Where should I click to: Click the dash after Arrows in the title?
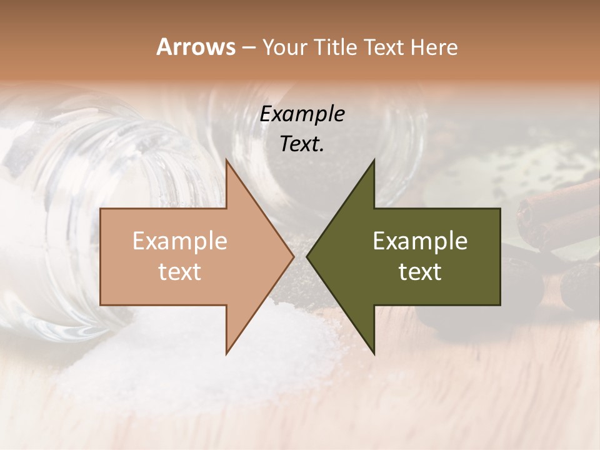point(248,47)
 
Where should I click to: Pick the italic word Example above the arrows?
point(302,114)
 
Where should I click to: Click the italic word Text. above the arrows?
point(302,144)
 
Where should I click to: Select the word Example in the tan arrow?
point(180,241)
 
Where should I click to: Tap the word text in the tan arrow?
point(180,271)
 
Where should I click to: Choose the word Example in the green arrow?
point(420,241)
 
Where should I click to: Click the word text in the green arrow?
point(420,271)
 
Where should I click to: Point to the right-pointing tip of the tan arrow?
point(293,256)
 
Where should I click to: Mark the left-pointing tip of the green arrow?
point(307,256)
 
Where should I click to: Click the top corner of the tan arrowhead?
point(226,161)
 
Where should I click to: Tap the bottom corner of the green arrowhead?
point(374,354)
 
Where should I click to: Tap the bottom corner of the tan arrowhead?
point(226,353)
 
